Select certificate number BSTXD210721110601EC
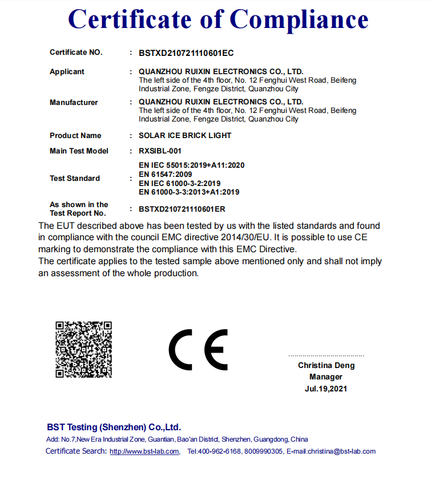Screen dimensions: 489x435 [x=186, y=53]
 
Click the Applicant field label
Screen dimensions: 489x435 [x=67, y=72]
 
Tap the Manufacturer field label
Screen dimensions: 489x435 [x=74, y=103]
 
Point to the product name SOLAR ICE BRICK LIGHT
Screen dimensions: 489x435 [x=185, y=136]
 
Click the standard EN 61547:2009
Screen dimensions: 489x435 [x=166, y=174]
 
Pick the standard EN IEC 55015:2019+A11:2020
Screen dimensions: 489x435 [x=192, y=165]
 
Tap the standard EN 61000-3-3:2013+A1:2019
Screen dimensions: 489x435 [x=189, y=192]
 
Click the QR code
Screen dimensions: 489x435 [x=83, y=349]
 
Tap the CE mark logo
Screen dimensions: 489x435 [x=198, y=349]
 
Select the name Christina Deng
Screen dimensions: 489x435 [x=326, y=365]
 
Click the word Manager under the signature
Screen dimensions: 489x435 [x=326, y=377]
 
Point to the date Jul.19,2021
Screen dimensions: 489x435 [x=326, y=389]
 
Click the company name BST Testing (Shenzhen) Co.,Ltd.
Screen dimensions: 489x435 [x=114, y=427]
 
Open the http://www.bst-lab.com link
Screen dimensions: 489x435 [x=144, y=451]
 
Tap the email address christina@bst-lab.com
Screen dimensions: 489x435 [x=341, y=451]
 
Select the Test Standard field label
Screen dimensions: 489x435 [x=75, y=179]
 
